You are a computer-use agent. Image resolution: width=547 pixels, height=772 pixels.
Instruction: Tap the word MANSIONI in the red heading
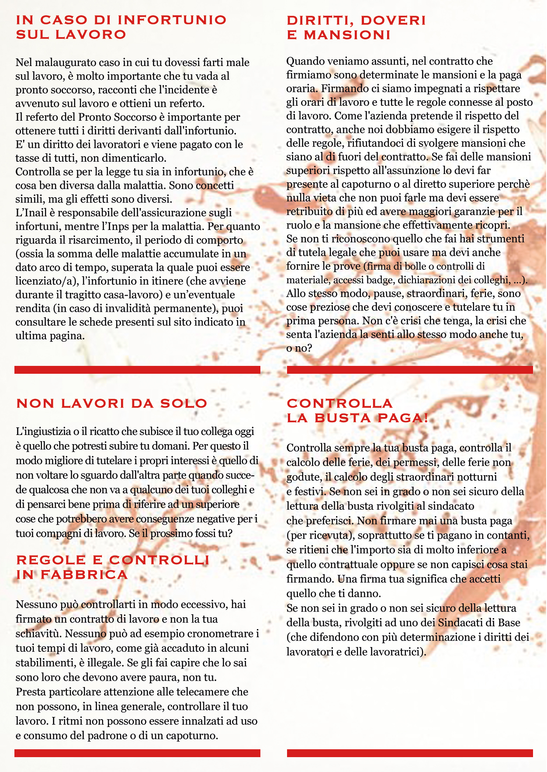click(347, 35)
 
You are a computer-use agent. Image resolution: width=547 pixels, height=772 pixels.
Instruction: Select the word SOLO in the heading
click(183, 403)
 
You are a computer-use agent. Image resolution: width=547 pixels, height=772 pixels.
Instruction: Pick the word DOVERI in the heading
click(393, 21)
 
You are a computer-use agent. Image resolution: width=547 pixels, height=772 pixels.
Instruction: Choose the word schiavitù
click(37, 633)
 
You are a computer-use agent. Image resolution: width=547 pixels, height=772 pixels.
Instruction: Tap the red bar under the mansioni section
click(410, 370)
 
